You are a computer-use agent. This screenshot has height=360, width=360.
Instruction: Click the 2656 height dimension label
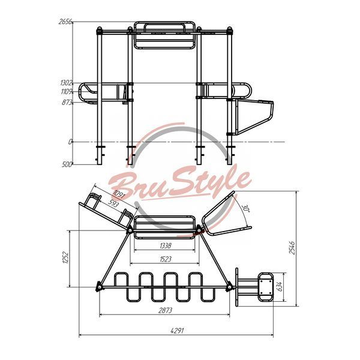65,22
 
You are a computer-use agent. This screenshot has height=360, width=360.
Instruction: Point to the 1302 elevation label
67,83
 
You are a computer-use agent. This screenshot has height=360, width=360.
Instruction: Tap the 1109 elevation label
67,92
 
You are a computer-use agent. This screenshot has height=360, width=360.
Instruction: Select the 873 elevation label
67,102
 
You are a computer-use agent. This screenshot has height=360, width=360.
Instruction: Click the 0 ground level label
70,142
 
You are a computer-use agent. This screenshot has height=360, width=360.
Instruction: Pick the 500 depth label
67,164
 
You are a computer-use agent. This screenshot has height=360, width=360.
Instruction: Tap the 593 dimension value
113,203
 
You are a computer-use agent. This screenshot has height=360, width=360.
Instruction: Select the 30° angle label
245,209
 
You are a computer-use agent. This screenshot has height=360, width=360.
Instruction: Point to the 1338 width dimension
166,245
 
